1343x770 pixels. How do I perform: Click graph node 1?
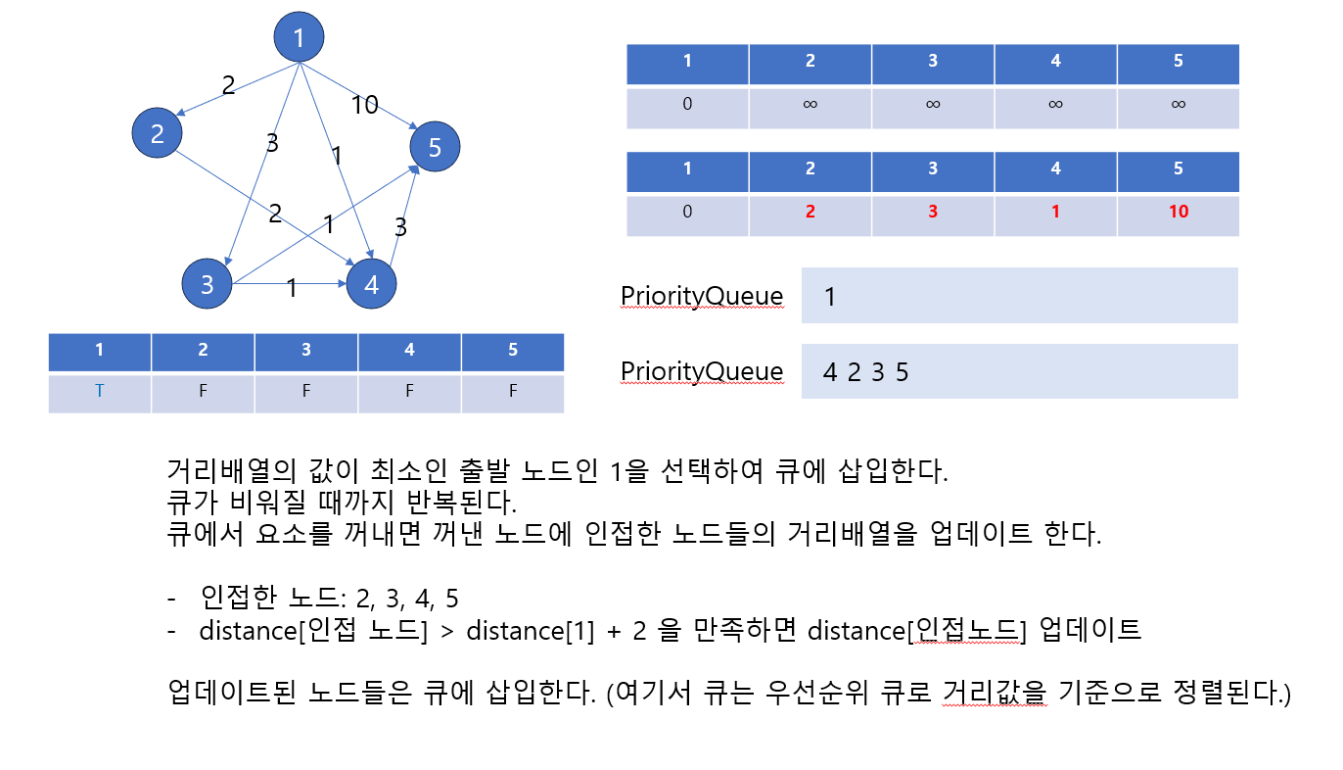[x=299, y=38]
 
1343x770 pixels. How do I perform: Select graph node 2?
[x=159, y=132]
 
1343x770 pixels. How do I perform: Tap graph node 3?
[x=208, y=284]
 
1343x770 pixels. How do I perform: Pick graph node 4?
[x=370, y=285]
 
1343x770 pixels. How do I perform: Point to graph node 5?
[x=435, y=148]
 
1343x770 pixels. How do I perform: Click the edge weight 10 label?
[x=364, y=105]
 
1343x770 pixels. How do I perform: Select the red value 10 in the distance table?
[x=1178, y=211]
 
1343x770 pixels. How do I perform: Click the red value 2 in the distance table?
[x=810, y=211]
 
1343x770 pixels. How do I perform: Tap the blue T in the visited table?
[x=99, y=390]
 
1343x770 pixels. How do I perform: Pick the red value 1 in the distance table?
[x=1054, y=211]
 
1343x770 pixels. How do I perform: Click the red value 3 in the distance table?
[x=932, y=211]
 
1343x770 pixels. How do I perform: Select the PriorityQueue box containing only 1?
[x=1019, y=295]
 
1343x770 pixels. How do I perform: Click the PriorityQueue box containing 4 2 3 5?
[x=1019, y=371]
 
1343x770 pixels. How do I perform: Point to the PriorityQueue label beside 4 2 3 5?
[x=702, y=371]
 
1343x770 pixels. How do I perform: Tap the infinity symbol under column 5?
[x=1178, y=103]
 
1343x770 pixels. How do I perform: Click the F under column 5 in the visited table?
[x=512, y=390]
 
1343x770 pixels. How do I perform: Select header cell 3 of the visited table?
[x=306, y=350]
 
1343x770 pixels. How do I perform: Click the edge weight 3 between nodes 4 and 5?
[x=400, y=227]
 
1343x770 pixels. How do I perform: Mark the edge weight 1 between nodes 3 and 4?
[x=292, y=288]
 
